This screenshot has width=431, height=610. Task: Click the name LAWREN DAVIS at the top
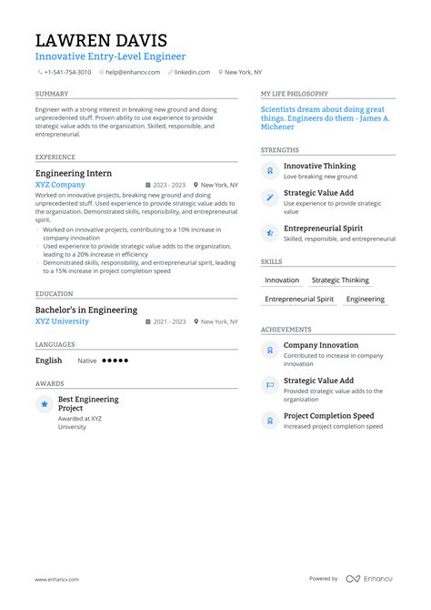pos(101,40)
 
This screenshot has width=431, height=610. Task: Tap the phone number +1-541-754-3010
pos(67,72)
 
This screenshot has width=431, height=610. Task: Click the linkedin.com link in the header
pos(192,72)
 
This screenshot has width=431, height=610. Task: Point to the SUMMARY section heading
pos(51,94)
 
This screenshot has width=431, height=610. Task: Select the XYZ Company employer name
pos(60,184)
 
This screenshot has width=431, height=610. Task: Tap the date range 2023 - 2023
pos(169,184)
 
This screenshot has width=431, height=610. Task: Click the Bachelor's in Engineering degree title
pos(86,310)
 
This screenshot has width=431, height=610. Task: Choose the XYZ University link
pos(62,321)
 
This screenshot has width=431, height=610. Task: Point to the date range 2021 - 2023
pos(169,321)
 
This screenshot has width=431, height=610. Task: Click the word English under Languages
pos(49,361)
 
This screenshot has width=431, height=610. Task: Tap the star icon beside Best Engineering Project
pos(44,403)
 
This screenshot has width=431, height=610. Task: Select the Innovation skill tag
pos(282,280)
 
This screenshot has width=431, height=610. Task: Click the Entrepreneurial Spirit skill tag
pos(299,299)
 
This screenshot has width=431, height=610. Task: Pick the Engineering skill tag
pos(366,299)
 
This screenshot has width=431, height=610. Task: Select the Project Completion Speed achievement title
pos(328,416)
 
